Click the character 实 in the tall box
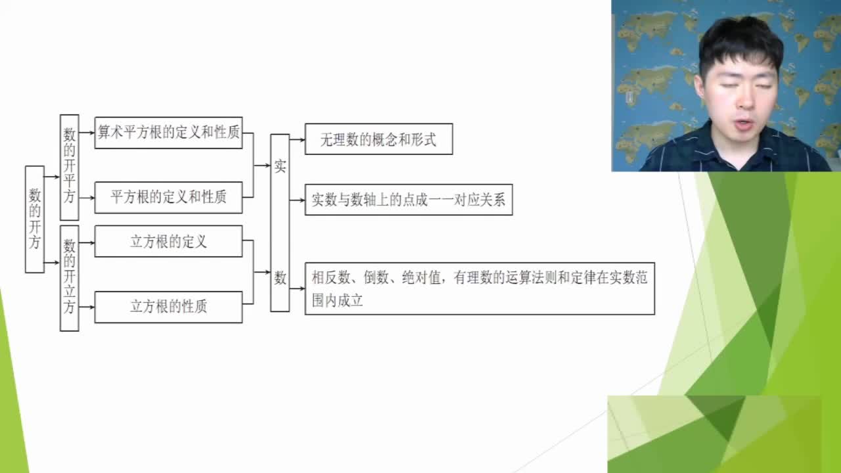(x=280, y=166)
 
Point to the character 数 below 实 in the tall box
(x=280, y=278)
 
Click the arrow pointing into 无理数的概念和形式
(x=298, y=140)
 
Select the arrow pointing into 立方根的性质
(x=87, y=307)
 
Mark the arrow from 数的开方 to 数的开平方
(x=52, y=177)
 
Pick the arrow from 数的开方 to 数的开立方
(x=52, y=262)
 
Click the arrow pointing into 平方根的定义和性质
(x=87, y=198)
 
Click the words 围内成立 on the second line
(x=337, y=301)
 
